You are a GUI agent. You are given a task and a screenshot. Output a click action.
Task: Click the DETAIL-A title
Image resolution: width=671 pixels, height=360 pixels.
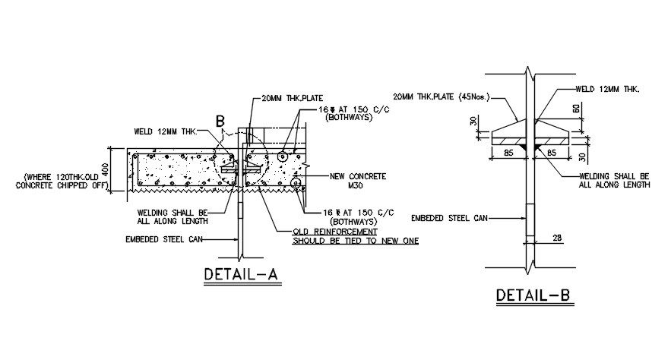(242, 274)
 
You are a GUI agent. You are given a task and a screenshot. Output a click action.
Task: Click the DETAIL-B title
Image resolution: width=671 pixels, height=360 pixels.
(533, 295)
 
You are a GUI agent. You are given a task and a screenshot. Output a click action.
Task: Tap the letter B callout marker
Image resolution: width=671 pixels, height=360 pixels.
(220, 122)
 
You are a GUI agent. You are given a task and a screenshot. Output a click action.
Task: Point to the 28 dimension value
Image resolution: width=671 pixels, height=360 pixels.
(557, 238)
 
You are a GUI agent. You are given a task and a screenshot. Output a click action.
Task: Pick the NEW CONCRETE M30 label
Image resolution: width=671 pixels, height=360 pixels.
(358, 181)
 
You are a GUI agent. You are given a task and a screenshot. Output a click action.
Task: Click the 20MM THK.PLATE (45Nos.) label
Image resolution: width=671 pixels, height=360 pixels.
(442, 97)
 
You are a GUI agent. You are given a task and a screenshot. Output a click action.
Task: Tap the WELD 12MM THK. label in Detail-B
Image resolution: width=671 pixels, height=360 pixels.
(607, 90)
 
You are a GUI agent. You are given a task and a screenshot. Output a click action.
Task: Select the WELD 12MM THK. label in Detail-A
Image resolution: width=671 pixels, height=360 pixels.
(166, 131)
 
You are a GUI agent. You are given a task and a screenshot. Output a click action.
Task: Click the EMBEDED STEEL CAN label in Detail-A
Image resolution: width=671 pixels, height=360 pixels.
(164, 239)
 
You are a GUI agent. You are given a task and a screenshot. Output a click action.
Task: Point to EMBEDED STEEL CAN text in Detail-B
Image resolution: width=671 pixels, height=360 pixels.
(449, 218)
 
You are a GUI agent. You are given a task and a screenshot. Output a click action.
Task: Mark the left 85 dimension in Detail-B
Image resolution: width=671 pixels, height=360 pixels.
(508, 152)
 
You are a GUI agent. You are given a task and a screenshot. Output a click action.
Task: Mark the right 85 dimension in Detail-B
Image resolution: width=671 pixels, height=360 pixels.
(552, 152)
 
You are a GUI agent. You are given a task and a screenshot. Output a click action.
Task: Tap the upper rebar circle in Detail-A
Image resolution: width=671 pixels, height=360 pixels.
(283, 157)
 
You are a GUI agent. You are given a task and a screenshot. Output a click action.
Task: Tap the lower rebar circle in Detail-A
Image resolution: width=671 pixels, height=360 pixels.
(296, 184)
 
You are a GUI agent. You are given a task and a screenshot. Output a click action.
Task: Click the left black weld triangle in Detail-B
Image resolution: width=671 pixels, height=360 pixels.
(524, 147)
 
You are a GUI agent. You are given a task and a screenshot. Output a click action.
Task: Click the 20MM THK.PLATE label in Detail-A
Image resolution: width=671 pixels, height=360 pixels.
(293, 98)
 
